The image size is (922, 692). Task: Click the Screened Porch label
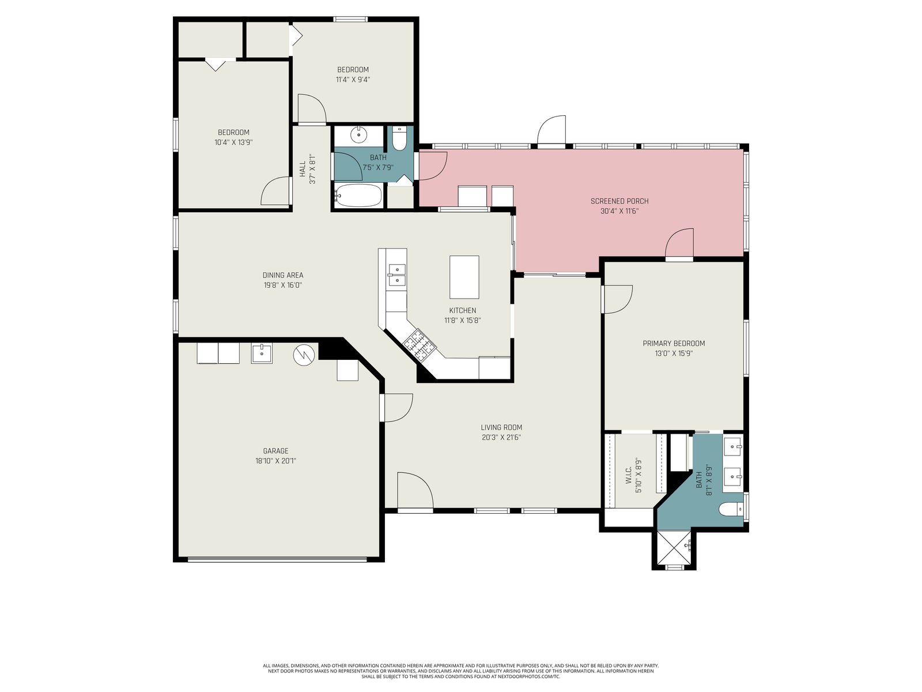tap(619, 201)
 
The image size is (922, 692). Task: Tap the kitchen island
tap(464, 277)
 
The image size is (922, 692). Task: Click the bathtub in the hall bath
tap(358, 195)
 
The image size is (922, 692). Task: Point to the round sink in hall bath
tap(358, 134)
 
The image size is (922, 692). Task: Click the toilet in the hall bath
tap(399, 138)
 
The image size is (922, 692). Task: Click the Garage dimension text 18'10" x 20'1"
tap(275, 461)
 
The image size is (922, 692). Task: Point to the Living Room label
tap(501, 427)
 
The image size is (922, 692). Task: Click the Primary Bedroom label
tap(674, 343)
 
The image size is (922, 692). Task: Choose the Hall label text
tap(303, 169)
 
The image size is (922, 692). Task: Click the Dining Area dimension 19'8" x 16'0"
tap(283, 285)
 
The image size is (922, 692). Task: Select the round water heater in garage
tap(304, 355)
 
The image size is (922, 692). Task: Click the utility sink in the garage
tap(262, 353)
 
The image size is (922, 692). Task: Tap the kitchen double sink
tap(396, 275)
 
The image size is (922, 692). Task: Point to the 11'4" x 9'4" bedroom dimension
tap(353, 80)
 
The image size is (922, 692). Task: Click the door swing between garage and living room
tap(397, 408)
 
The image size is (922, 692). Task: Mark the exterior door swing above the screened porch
tap(551, 130)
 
